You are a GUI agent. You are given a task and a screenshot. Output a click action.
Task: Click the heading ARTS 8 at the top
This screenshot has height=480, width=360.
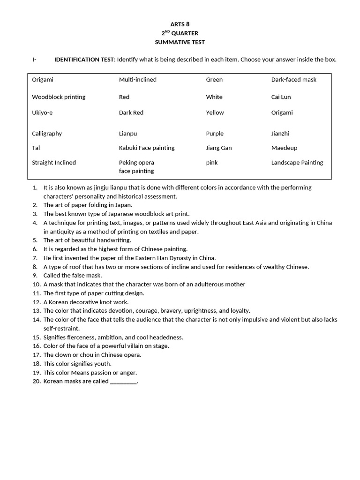[x=180, y=24]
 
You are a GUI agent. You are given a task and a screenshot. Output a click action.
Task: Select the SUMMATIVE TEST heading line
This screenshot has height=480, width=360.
[x=180, y=42]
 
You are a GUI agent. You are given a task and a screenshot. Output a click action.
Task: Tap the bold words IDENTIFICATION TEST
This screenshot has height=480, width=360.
[x=84, y=60]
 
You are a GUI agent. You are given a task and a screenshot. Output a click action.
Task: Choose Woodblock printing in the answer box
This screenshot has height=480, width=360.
[x=59, y=97]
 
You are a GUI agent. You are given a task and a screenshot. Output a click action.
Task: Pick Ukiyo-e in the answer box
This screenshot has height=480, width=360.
[x=42, y=112]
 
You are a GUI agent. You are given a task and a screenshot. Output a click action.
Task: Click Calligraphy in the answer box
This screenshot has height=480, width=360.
[x=47, y=134]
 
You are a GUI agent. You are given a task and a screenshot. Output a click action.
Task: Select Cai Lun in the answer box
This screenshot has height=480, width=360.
[x=281, y=97]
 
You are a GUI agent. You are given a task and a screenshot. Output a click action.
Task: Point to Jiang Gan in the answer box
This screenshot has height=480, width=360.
[x=219, y=148]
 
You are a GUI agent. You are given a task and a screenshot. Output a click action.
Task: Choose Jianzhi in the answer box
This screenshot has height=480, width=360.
[x=280, y=134]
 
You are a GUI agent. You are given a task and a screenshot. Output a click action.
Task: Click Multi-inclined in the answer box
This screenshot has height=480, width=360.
[x=138, y=80]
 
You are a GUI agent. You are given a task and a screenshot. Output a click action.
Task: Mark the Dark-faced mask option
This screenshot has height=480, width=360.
[x=294, y=80]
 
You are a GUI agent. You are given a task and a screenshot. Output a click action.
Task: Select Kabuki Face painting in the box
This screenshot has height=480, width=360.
[x=147, y=148]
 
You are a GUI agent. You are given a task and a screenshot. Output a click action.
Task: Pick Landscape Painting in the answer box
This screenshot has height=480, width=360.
[x=297, y=163]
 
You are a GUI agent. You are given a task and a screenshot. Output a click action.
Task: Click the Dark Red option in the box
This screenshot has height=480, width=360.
[x=131, y=112]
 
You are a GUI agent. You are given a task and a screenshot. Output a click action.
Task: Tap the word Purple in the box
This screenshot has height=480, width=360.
[x=215, y=134]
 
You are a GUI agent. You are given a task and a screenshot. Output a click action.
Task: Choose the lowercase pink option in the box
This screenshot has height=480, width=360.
[x=212, y=163]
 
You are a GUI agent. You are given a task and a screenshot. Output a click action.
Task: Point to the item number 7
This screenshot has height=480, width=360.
[x=35, y=258]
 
